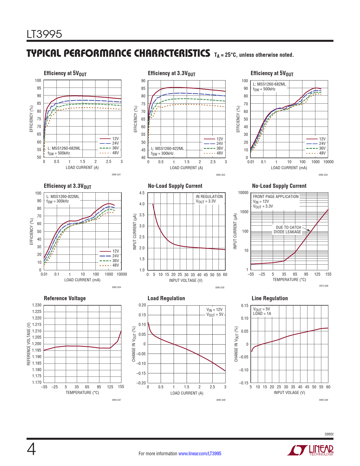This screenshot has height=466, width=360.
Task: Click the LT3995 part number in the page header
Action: point(44,34)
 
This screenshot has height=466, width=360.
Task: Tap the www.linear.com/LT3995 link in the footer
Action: point(200,454)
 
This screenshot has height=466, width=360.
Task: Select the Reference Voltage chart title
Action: point(65,299)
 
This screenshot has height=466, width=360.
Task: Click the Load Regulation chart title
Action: point(166,299)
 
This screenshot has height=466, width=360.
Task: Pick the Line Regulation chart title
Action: point(270,299)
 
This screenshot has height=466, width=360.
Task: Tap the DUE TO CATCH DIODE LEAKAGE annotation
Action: point(287,230)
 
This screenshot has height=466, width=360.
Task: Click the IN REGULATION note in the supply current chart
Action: point(209,197)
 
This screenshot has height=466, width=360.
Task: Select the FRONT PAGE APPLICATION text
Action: point(276,197)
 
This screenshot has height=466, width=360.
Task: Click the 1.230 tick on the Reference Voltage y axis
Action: point(37,305)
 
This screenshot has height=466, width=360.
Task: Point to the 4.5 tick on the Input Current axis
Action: point(142,193)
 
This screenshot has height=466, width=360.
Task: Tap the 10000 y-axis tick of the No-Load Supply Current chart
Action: point(243,193)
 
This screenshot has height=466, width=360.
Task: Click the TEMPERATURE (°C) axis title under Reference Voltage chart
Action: point(82,393)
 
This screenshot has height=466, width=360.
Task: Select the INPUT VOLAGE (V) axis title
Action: point(289,393)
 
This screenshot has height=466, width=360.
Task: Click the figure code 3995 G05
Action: point(220,288)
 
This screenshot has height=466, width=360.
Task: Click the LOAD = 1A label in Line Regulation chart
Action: point(262,313)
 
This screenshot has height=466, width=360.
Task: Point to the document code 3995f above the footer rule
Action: point(329,434)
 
